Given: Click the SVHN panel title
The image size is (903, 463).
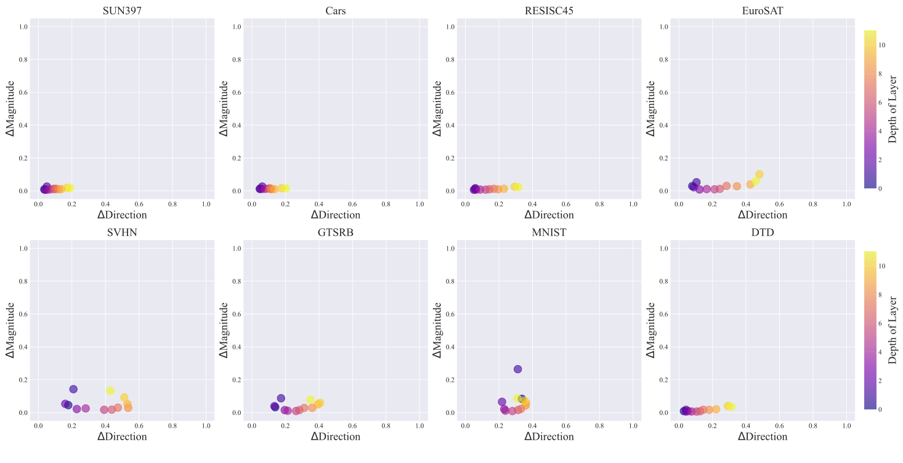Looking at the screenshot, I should coord(122,233).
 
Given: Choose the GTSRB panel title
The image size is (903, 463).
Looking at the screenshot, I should coord(335,233).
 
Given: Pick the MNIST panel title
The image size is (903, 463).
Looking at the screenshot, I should coord(549,233).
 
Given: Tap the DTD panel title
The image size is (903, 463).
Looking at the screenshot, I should coord(763,233).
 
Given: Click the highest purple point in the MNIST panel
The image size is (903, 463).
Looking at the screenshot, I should coord(517,369).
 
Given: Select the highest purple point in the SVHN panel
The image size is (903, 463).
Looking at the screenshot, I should coord(73,389).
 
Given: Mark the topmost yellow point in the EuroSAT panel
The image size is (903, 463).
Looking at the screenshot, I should coord(759,174).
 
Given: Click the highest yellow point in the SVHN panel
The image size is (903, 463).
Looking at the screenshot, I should coord(110,390).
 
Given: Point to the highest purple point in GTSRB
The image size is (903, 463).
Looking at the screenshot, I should coord(281,398).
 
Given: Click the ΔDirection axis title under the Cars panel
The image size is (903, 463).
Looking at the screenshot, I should coord(335,215).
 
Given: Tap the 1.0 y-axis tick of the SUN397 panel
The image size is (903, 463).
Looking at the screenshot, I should coord(23,27).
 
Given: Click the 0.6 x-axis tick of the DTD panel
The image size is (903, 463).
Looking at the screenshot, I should coord(779,426).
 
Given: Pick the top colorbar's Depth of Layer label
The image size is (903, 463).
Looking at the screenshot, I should coord(893,109).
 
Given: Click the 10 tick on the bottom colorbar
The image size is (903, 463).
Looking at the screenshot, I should coord(882,266).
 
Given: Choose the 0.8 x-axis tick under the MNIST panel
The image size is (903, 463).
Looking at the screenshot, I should coord(599,426).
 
